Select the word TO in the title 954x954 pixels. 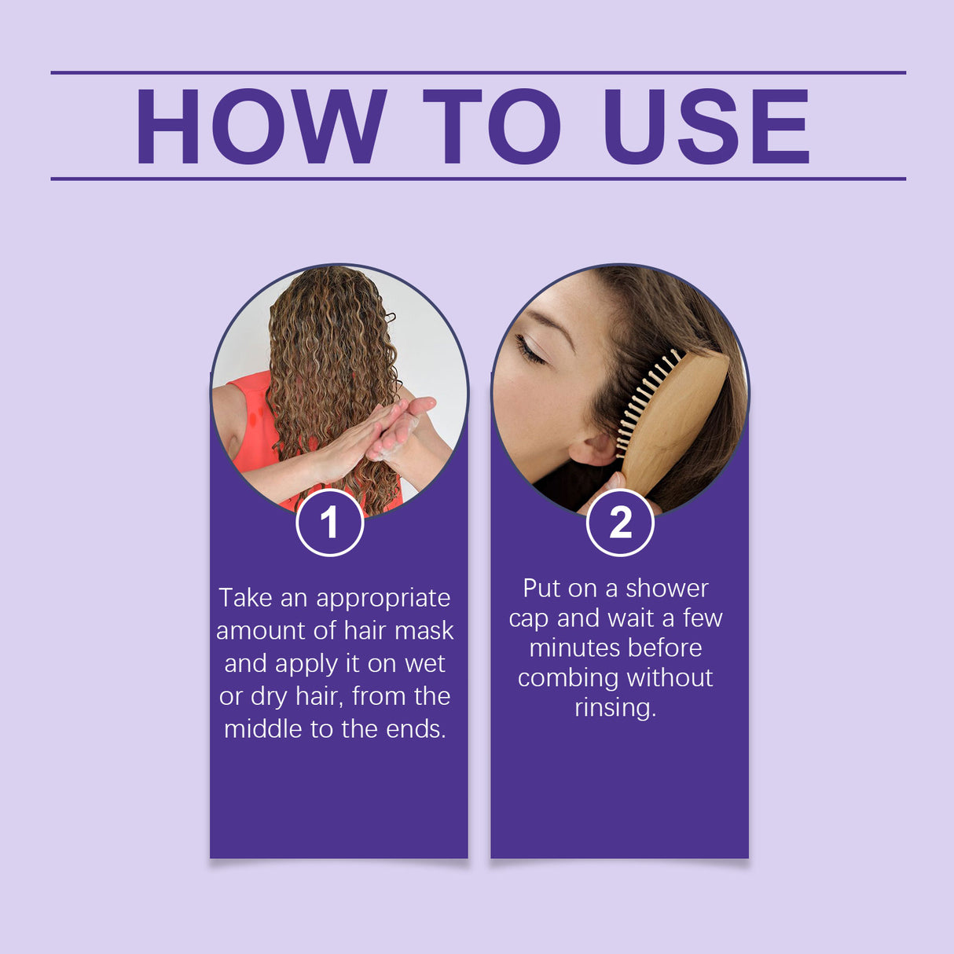pos(492,127)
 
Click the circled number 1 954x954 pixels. pos(330,523)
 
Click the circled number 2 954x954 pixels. pos(620,523)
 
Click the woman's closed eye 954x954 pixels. pos(530,350)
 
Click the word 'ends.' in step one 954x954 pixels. pos(416,729)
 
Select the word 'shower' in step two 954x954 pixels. pos(666,589)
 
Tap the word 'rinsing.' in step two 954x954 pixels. pos(615,708)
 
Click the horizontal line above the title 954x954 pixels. pos(478,72)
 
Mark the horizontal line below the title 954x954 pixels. pos(478,179)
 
